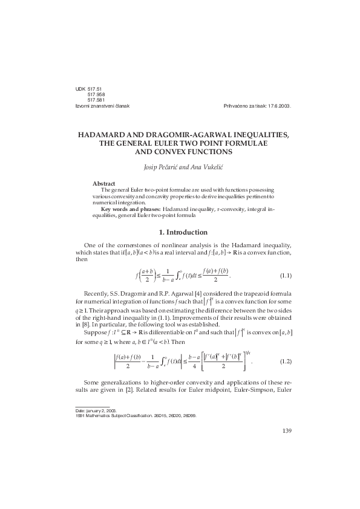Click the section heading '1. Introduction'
point(180,232)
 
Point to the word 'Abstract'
point(104,183)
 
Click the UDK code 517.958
point(97,95)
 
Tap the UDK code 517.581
point(97,100)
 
